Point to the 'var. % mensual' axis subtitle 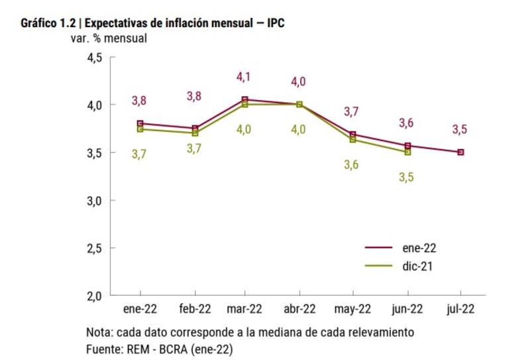click(109, 38)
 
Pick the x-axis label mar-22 click(245, 309)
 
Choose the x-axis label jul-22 click(460, 309)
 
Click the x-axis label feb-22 click(194, 309)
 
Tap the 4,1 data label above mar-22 click(243, 77)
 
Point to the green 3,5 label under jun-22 click(405, 177)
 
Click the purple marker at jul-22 click(460, 152)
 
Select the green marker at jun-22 click(407, 152)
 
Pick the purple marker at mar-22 click(245, 99)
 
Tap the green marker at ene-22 click(140, 129)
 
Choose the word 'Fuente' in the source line click(103, 347)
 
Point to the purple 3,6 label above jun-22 click(406, 123)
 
